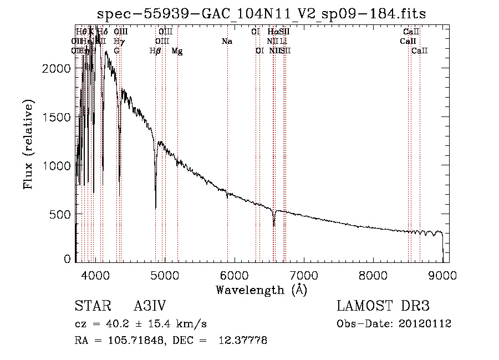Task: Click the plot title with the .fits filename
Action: click(261, 14)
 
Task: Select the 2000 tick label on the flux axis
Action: click(57, 68)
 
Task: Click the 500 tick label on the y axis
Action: click(62, 215)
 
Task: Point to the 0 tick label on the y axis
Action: click(68, 259)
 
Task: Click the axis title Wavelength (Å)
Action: click(261, 289)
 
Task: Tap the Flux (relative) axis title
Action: click(28, 144)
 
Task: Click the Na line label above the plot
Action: click(227, 42)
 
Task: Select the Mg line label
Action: click(177, 51)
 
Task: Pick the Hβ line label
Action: click(155, 51)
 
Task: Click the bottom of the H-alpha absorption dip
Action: click(274, 226)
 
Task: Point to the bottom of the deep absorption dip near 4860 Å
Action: click(156, 208)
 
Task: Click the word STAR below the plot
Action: click(92, 306)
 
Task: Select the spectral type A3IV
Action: click(150, 306)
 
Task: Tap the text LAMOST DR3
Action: click(383, 306)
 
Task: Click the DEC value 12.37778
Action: click(243, 341)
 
